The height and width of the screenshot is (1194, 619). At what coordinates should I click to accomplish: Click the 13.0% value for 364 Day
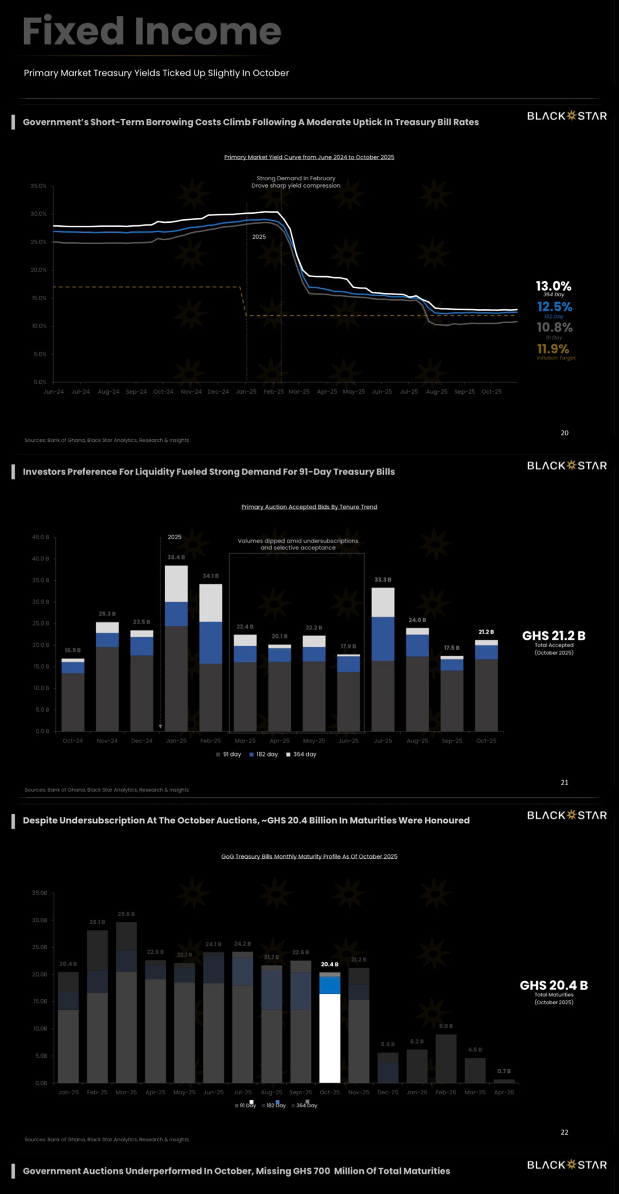point(553,286)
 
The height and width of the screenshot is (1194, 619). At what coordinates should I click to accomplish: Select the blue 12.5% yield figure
point(554,306)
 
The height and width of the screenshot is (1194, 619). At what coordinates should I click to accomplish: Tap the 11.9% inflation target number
point(552,349)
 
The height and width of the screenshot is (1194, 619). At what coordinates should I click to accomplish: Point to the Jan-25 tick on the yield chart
point(246,391)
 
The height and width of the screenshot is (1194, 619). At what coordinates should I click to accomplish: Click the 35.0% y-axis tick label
point(39,186)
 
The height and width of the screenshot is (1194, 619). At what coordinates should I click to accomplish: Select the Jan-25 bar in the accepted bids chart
point(176,650)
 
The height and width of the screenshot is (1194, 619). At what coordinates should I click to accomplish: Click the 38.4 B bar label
point(176,557)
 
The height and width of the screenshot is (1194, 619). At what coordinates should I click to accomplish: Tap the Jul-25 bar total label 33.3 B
point(383,580)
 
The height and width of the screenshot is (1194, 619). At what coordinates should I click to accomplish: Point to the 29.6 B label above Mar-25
point(126,914)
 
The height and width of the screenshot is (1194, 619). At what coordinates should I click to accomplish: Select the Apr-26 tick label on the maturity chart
point(504,1092)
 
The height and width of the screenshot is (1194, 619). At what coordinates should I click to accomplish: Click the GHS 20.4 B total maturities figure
point(553,985)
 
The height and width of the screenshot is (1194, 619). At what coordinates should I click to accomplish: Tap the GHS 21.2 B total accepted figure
point(553,636)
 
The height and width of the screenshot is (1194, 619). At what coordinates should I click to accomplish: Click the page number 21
point(564,782)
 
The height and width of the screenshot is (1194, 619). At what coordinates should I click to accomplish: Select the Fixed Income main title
point(152,31)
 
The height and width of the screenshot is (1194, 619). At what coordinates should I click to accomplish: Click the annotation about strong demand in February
point(295,182)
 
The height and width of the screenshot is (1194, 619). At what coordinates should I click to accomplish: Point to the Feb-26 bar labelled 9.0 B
point(446,1058)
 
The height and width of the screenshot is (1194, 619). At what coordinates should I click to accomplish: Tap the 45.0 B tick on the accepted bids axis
point(40,537)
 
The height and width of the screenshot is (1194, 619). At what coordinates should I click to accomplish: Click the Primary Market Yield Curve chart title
point(309,157)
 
